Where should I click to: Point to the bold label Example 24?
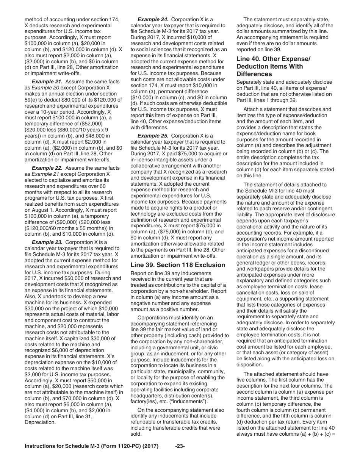point(152,19)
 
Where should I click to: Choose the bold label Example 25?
point(152,136)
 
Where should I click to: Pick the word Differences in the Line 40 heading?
point(254,74)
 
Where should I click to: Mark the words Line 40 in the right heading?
point(248,59)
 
